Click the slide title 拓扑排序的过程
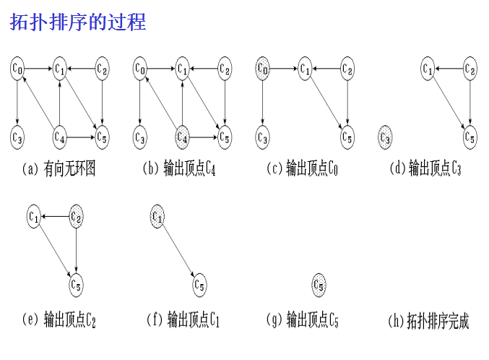click(78, 22)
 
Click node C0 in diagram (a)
click(18, 69)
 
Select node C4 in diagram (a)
click(60, 135)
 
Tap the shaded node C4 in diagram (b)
click(182, 135)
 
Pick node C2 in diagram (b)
click(225, 69)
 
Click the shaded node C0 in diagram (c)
click(263, 69)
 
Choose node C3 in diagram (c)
click(263, 135)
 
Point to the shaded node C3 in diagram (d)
click(385, 135)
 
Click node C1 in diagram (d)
click(428, 69)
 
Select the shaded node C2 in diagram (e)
click(77, 215)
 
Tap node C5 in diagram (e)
click(77, 284)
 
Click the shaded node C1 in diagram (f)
click(157, 215)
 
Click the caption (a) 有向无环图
click(59, 169)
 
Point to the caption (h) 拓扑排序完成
click(428, 320)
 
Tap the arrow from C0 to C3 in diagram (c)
click(263, 102)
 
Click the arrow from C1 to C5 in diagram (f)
click(178, 249)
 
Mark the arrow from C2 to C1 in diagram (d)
click(449, 69)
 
